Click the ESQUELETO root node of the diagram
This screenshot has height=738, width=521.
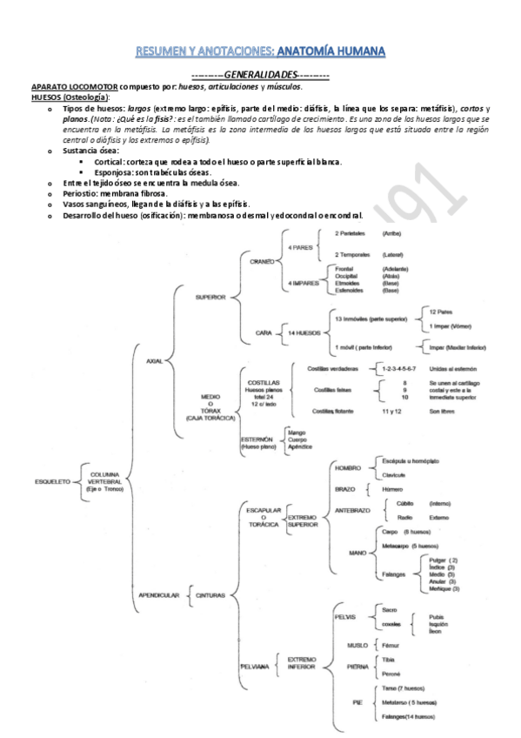[x=52, y=480]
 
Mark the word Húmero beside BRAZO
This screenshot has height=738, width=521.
[x=393, y=489]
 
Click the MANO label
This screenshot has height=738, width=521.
[x=357, y=553]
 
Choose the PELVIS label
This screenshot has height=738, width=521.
[x=345, y=617]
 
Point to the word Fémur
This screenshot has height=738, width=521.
[x=391, y=646]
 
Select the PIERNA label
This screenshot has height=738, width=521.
[x=357, y=667]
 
